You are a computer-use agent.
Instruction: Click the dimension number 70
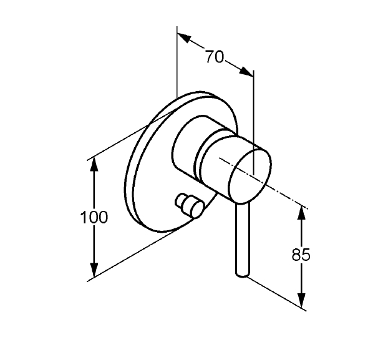coord(214,57)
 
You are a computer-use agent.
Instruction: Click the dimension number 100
coord(94,217)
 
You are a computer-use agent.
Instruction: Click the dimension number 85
coord(301,255)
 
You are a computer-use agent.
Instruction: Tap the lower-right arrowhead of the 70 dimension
coord(246,72)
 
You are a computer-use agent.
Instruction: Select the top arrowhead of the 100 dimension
coord(94,165)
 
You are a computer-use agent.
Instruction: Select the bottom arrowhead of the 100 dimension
coord(94,270)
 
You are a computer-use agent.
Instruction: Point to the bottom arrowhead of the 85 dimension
coord(302,300)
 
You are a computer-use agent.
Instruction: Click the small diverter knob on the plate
coord(190,205)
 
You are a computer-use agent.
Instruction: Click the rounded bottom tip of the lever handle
coord(243,275)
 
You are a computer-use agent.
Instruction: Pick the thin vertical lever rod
coord(243,240)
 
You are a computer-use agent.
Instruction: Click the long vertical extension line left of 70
coord(177,62)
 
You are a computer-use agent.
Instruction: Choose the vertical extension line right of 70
coord(253,123)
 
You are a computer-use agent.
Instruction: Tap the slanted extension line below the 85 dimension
coord(277,294)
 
